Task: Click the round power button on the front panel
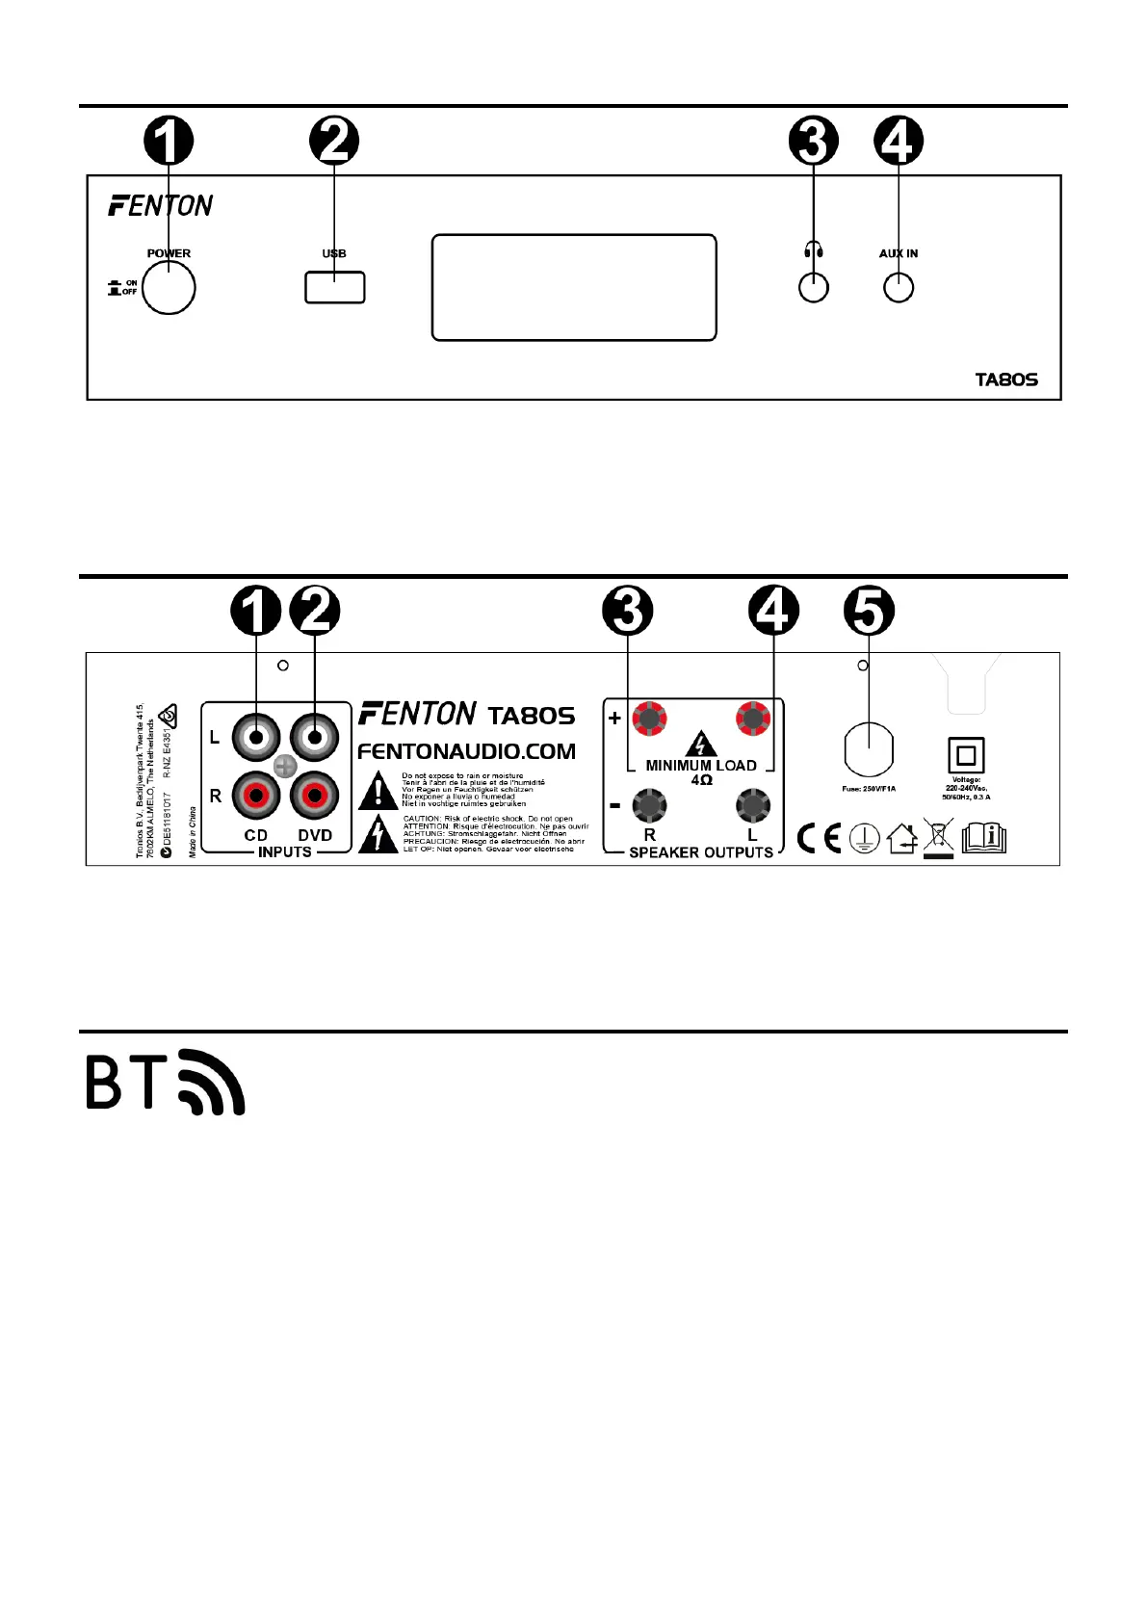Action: pyautogui.click(x=169, y=287)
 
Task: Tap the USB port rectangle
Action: pyautogui.click(x=334, y=287)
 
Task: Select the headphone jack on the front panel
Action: pyautogui.click(x=814, y=288)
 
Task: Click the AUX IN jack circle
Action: pyautogui.click(x=899, y=288)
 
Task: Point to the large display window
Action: pyautogui.click(x=574, y=287)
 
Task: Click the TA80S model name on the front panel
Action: pyautogui.click(x=1006, y=379)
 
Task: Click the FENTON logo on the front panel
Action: pyautogui.click(x=161, y=205)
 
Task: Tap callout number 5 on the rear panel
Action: pyautogui.click(x=869, y=611)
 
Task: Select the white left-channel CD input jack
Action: pyautogui.click(x=255, y=738)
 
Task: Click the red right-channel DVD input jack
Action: pyautogui.click(x=314, y=796)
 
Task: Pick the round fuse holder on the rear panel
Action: pyautogui.click(x=869, y=750)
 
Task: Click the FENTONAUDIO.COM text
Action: pyautogui.click(x=466, y=751)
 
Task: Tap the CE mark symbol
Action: pyautogui.click(x=819, y=838)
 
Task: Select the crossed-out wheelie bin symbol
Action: pyautogui.click(x=938, y=837)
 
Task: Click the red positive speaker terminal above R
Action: pyautogui.click(x=650, y=719)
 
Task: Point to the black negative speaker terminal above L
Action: pyautogui.click(x=752, y=804)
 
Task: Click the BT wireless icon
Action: pyautogui.click(x=166, y=1082)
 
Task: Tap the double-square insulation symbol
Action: pyautogui.click(x=966, y=755)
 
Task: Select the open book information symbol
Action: pyautogui.click(x=983, y=837)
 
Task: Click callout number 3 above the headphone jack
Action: pyautogui.click(x=814, y=142)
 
